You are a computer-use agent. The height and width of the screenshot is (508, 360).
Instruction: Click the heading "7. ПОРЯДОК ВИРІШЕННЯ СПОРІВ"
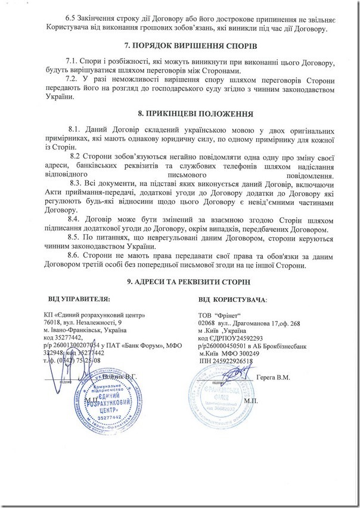point(180,46)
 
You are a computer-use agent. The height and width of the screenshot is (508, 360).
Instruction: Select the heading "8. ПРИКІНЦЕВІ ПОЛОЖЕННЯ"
point(180,113)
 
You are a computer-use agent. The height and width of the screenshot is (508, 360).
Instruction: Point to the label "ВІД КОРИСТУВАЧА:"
point(233,298)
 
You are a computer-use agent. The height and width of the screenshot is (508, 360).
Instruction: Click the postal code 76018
point(55,322)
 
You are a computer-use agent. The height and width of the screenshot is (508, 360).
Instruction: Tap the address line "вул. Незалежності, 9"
point(98,322)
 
